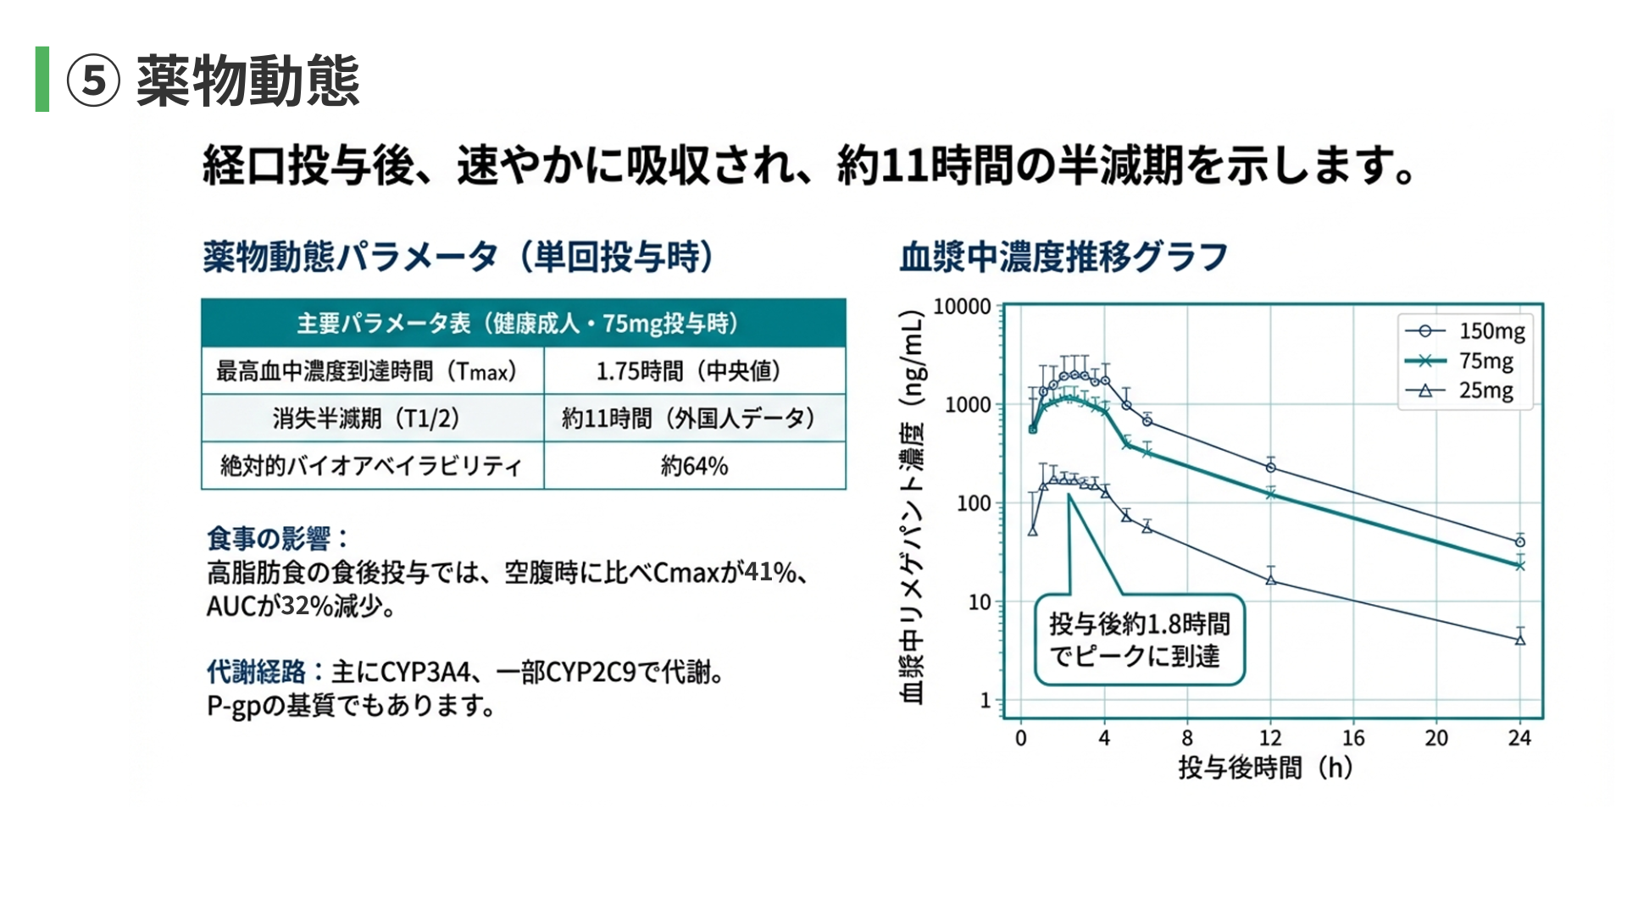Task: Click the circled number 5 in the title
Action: pyautogui.click(x=93, y=81)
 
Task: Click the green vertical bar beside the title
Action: pyautogui.click(x=42, y=79)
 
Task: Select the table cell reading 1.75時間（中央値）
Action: pyautogui.click(x=688, y=371)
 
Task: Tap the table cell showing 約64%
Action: pyautogui.click(x=694, y=466)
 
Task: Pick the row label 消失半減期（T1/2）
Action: pyautogui.click(x=366, y=419)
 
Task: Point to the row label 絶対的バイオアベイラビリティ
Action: pyautogui.click(x=371, y=466)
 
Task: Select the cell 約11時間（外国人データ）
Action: pyautogui.click(x=688, y=419)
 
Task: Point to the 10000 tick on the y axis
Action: pyautogui.click(x=962, y=307)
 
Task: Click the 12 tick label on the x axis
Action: pyautogui.click(x=1270, y=738)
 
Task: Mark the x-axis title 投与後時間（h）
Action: pyautogui.click(x=1265, y=768)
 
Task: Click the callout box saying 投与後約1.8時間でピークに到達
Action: pyautogui.click(x=1139, y=640)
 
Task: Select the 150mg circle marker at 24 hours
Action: pyautogui.click(x=1520, y=542)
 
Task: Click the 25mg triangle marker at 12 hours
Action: pyautogui.click(x=1271, y=579)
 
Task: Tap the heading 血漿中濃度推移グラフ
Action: pyautogui.click(x=1063, y=257)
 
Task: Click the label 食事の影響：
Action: pyautogui.click(x=277, y=539)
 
